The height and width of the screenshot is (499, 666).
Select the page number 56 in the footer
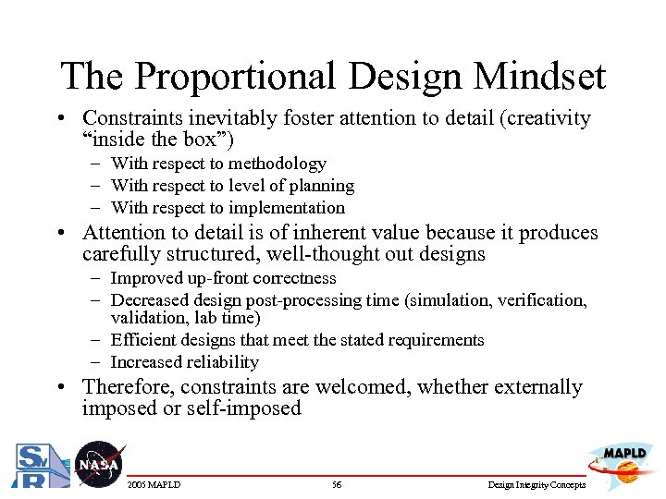[337, 485]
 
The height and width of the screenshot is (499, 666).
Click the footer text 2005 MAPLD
[154, 485]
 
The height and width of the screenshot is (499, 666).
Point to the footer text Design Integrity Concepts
[536, 485]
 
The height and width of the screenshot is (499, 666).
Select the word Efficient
[140, 340]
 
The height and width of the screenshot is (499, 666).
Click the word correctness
[291, 278]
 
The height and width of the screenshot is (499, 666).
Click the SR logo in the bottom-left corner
[37, 468]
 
